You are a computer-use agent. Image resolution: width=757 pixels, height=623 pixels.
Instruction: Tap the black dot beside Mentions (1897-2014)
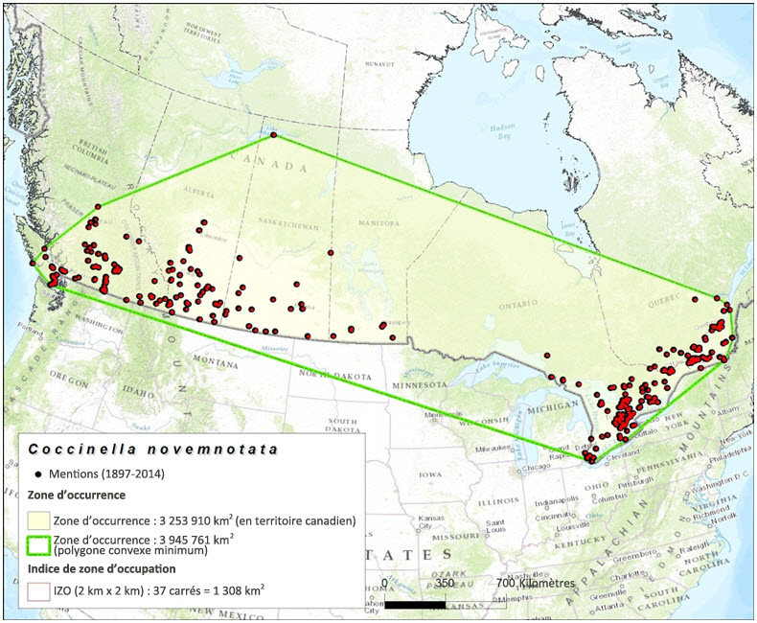(36, 473)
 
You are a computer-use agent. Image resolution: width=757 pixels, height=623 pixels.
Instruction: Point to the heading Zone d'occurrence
(77, 495)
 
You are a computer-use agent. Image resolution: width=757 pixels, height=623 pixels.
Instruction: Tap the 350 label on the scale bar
(445, 583)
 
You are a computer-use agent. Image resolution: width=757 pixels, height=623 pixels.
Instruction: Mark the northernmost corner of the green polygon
(274, 135)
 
